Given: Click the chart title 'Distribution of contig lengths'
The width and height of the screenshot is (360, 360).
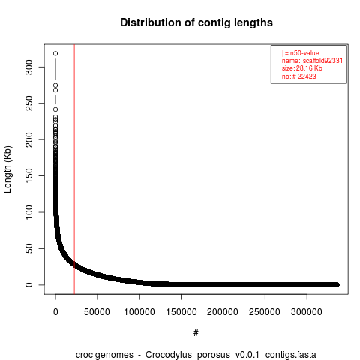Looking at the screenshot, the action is [196, 22].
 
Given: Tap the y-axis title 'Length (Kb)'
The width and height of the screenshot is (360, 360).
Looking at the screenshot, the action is [7, 169].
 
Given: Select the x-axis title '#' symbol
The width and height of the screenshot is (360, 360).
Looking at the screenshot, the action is [196, 333].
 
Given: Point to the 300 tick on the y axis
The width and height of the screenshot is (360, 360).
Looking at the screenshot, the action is [29, 67].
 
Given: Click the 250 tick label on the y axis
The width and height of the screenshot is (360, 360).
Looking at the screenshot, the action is [29, 103].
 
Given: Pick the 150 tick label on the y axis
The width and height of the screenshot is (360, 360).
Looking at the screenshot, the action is [29, 175].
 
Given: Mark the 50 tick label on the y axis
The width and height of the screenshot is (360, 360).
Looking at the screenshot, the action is [29, 248].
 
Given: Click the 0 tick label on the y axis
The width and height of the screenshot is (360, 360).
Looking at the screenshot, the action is [29, 285].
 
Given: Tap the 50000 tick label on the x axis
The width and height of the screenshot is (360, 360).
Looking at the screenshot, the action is [97, 312].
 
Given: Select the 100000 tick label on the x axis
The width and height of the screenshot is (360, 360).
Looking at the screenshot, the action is [139, 312].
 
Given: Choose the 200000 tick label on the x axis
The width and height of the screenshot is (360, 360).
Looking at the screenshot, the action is [223, 312].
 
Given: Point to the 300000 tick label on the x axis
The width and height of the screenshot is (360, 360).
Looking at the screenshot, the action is [307, 312].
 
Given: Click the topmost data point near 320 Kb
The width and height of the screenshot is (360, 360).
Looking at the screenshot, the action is [55, 53].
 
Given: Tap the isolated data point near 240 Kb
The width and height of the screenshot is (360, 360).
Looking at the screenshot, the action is [55, 109].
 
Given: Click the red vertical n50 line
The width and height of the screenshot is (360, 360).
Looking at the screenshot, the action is [74, 169].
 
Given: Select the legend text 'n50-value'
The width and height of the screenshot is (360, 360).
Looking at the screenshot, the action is [304, 53].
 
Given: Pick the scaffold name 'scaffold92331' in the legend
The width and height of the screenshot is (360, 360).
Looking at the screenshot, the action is [322, 61].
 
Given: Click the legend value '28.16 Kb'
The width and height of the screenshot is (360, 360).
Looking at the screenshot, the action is [309, 68].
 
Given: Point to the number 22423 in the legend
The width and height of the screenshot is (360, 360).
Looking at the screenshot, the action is [307, 76].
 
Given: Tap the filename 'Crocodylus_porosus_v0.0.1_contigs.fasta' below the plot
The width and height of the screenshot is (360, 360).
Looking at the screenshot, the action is [231, 355].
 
